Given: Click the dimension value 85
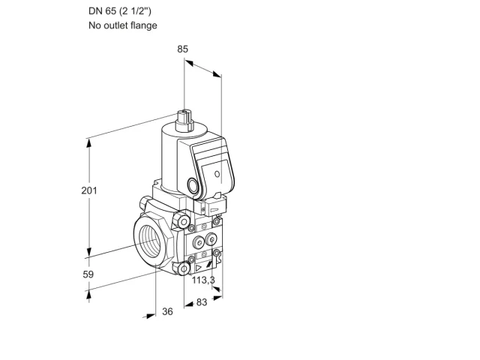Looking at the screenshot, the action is point(182,49).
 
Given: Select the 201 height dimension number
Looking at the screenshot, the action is point(89,190).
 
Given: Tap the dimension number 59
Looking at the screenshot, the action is point(88,274).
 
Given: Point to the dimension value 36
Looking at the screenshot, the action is point(167,311).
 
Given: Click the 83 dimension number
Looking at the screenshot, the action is point(202,302).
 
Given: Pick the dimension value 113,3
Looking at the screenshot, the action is point(203,280).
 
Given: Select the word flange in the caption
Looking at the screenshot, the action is point(143,25).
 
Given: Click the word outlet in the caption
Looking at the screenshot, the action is point(115,25).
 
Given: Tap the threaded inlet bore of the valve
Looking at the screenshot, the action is point(151,239).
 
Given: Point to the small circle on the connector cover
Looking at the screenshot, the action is point(217,174).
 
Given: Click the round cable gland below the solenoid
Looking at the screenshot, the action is point(193,186).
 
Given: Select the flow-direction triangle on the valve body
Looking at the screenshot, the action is point(199,268).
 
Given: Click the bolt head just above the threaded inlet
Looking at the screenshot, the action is point(182,221).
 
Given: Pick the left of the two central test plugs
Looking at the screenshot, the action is point(199,243).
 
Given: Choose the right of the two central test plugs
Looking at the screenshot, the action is point(211,239).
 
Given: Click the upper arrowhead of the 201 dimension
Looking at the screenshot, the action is point(89,143).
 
